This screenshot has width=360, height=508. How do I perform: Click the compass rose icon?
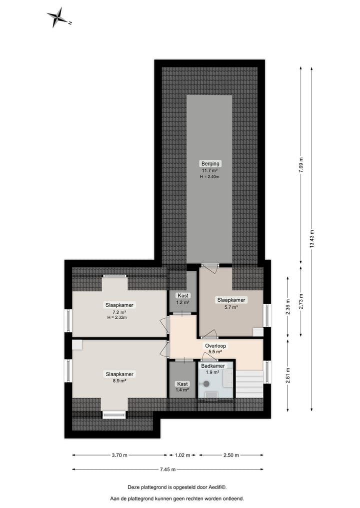point(59,17)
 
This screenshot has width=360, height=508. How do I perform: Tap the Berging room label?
point(210,163)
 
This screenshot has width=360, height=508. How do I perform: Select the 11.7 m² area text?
point(210,170)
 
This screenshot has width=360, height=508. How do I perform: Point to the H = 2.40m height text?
point(210,177)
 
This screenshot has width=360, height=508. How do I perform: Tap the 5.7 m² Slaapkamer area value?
point(231,307)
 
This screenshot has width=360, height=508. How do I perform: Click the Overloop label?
point(216,345)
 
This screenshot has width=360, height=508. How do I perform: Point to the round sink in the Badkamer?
point(206,384)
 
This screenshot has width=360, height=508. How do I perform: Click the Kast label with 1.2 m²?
point(182,296)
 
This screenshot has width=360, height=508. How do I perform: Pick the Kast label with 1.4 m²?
point(182,384)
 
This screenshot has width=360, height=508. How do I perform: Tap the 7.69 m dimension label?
point(301,164)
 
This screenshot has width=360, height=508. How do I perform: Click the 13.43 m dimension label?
point(312,239)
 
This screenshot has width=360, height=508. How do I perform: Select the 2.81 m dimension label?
point(288,375)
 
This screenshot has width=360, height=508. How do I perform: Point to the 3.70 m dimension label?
point(119,455)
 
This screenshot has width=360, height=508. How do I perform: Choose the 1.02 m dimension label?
point(183,455)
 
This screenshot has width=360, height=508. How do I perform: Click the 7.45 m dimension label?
point(168,469)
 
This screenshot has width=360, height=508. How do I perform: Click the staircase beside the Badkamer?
point(249,384)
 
